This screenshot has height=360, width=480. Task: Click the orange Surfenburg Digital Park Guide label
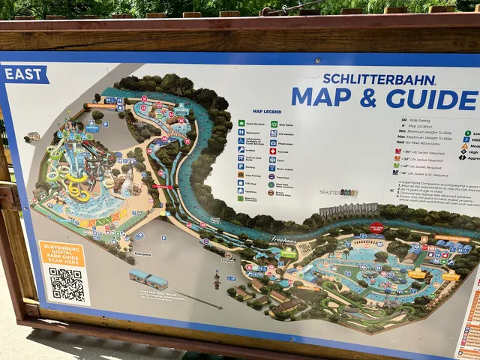tap(61, 254)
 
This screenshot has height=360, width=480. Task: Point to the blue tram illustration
tap(148, 280)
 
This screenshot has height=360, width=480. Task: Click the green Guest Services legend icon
tap(242, 124)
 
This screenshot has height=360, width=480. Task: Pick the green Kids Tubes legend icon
tap(274, 124)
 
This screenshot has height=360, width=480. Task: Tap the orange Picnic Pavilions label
tap(453, 238)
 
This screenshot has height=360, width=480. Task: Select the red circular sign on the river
tap(376, 227)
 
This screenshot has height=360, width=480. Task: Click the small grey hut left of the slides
tap(32, 136)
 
